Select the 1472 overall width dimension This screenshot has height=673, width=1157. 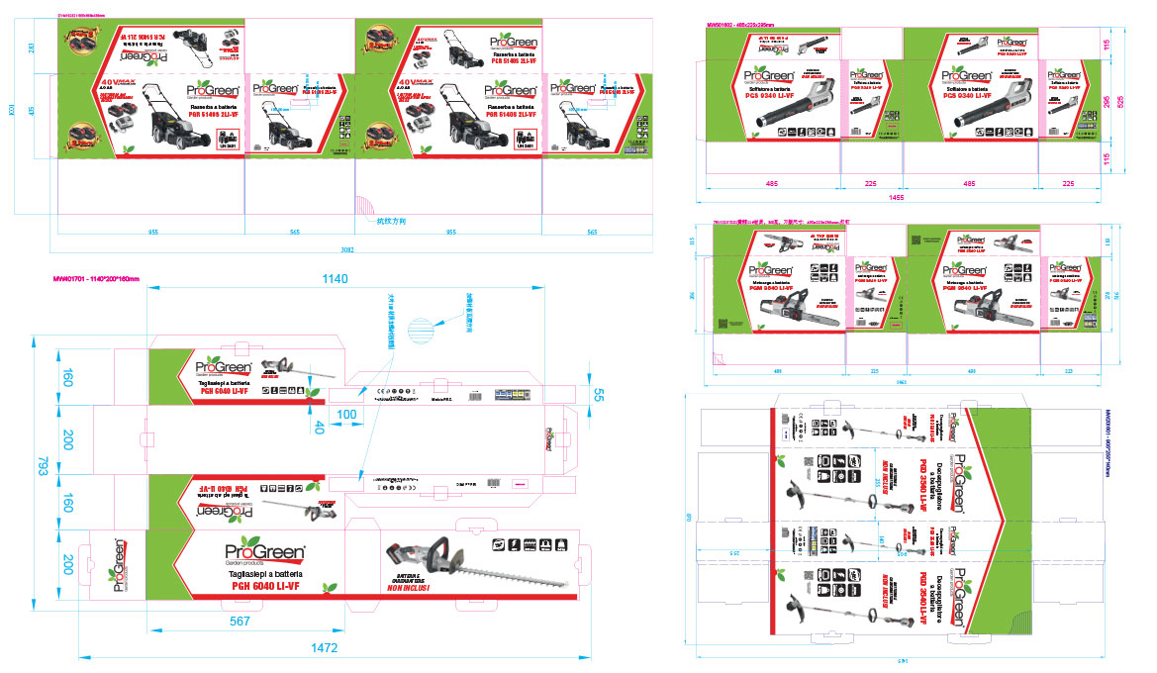(325, 648)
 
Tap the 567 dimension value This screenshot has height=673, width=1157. (239, 622)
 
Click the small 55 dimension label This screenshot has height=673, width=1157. (597, 394)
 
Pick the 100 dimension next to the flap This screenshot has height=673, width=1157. (346, 413)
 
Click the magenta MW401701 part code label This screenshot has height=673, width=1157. (99, 280)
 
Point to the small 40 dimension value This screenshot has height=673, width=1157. (319, 427)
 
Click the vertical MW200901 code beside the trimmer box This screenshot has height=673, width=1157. (1109, 444)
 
